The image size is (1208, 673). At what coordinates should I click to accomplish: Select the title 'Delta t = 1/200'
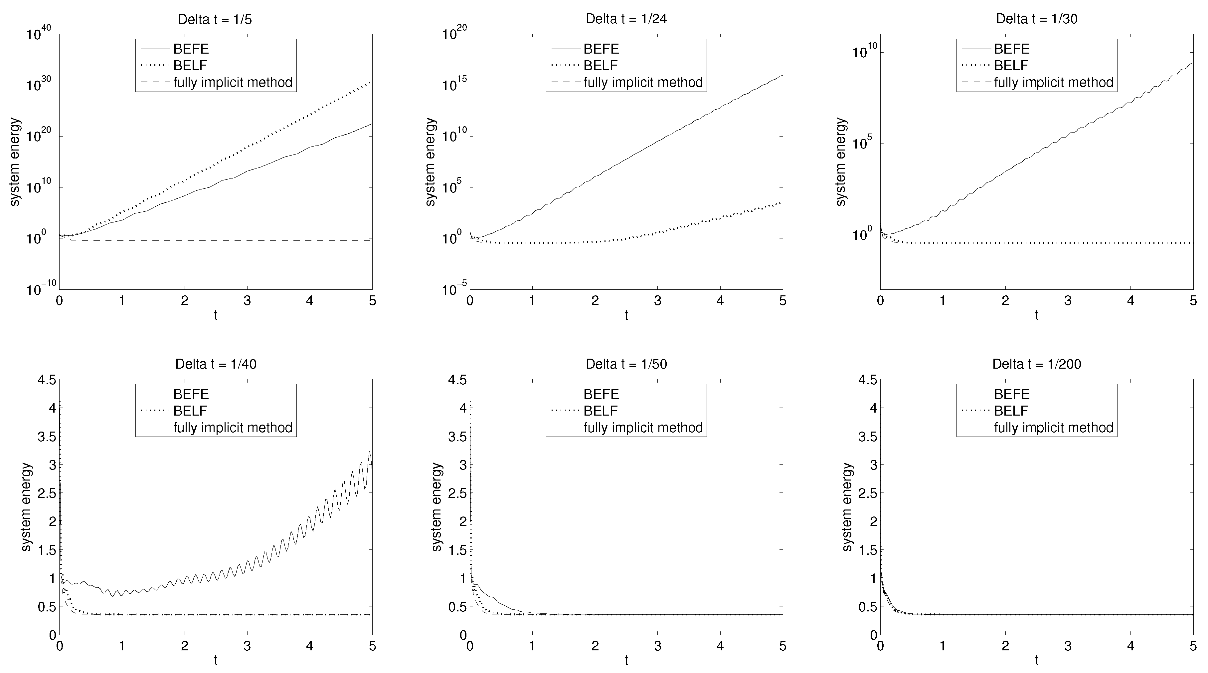1036,364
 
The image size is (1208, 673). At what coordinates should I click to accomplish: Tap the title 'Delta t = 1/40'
215,364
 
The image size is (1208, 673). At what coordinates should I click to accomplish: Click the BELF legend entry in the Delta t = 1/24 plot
600,66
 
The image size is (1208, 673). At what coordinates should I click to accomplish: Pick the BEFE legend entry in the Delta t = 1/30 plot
1011,49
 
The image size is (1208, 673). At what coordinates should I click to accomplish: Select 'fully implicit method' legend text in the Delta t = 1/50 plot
643,428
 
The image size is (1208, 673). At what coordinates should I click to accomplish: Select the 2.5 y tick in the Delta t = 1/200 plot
867,493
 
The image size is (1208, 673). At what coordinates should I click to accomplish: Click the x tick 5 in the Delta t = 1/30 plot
1193,301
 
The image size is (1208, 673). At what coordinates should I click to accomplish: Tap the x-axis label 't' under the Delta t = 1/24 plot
626,315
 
